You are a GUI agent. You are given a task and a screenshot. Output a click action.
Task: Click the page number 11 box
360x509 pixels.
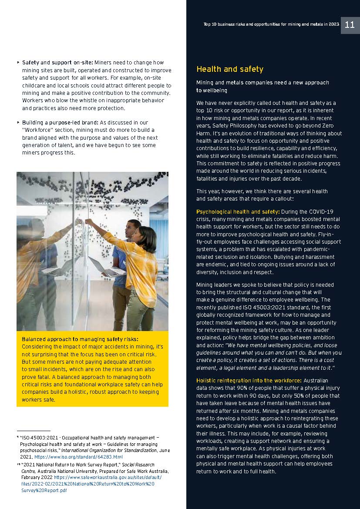[x=350, y=25]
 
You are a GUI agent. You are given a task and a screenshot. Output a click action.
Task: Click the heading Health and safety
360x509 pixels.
[x=229, y=69]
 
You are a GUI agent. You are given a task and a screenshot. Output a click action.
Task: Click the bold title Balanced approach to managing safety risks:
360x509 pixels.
[x=80, y=339]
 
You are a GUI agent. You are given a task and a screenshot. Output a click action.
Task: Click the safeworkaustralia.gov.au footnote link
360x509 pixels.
[x=91, y=477]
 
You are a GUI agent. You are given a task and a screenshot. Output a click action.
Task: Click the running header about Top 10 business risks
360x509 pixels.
[x=271, y=25]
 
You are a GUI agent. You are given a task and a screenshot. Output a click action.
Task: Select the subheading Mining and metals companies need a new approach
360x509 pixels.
[x=262, y=83]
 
